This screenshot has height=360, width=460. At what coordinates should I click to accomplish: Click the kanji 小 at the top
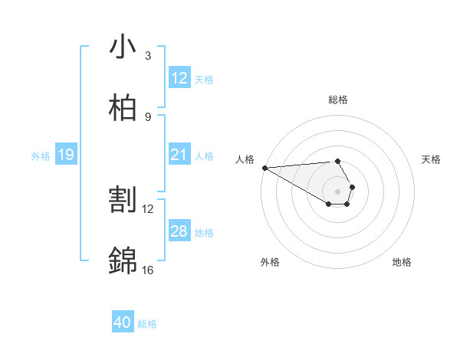123,47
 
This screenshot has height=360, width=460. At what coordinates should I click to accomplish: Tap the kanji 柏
123,109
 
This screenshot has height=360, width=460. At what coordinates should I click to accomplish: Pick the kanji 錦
123,262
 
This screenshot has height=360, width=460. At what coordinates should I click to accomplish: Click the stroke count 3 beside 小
148,56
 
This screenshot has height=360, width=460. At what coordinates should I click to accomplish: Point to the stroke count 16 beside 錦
148,270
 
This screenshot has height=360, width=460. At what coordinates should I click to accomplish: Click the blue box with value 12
179,78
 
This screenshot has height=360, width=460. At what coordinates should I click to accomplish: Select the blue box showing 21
179,155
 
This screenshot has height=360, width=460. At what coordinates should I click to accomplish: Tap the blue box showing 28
179,231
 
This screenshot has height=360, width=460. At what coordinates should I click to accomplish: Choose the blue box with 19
65,155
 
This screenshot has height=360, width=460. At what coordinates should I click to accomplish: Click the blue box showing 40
122,322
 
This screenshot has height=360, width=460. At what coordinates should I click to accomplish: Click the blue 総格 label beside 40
147,324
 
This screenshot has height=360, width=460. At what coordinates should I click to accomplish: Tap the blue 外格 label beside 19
41,156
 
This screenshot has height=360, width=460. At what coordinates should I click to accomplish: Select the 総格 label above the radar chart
337,100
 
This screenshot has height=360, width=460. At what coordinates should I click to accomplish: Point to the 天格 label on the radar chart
431,159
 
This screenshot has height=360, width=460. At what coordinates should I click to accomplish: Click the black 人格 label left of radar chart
244,159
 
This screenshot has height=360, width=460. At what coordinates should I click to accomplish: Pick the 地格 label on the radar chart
402,262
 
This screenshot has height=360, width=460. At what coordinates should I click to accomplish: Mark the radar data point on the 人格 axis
264,167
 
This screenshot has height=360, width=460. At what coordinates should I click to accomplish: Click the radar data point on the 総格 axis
337,162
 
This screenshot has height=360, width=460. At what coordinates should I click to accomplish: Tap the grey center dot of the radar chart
337,191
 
